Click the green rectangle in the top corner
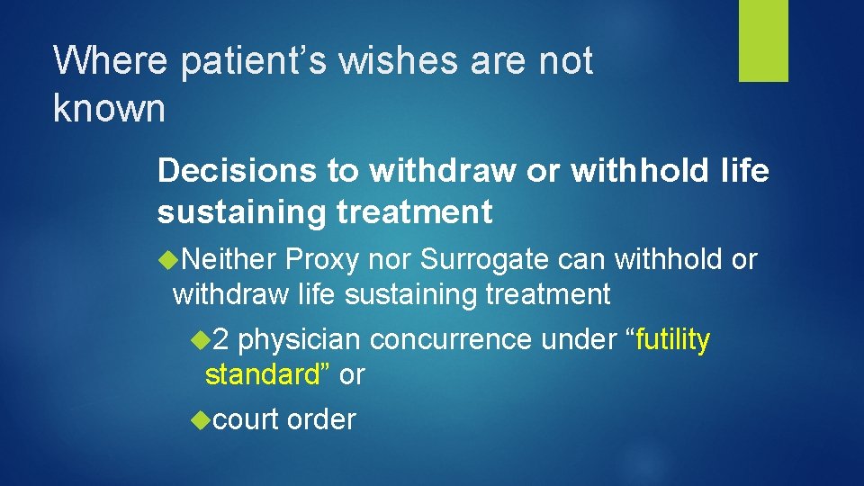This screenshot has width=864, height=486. click(763, 40)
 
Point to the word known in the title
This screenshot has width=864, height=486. click(109, 108)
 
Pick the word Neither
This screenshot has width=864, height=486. click(229, 259)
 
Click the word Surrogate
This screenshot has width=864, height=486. click(484, 259)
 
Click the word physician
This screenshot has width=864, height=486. click(300, 340)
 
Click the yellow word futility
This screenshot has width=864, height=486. click(674, 340)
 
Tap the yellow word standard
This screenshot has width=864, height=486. click(262, 374)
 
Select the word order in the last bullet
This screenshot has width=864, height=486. click(321, 419)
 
